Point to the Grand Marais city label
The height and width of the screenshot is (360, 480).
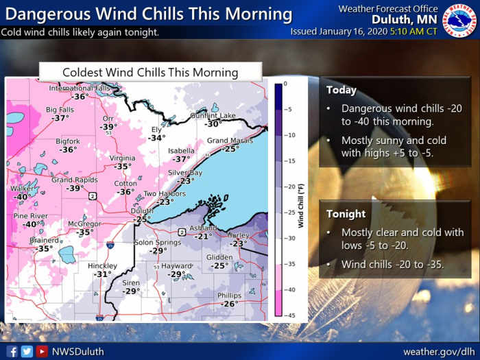[x=230, y=141]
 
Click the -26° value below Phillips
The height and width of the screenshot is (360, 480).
[x=230, y=304]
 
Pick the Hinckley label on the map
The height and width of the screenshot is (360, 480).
[x=102, y=265]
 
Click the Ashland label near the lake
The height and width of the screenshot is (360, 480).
[x=203, y=228]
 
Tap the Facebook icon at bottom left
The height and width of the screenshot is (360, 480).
[x=12, y=351]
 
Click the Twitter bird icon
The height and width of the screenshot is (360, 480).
[x=27, y=351]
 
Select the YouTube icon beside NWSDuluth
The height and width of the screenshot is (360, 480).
[x=42, y=351]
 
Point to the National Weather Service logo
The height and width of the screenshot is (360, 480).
[x=459, y=21]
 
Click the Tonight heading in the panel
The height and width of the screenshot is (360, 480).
[x=346, y=214]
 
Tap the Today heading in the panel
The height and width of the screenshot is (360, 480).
[x=341, y=90]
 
